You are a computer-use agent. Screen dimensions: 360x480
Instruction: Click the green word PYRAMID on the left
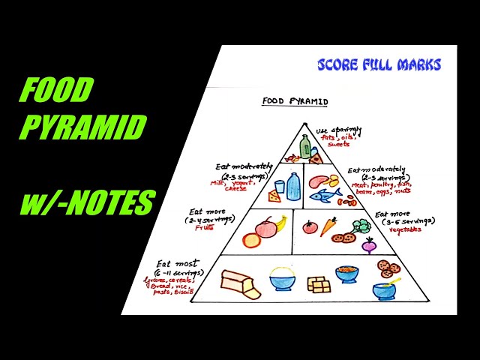click(82, 127)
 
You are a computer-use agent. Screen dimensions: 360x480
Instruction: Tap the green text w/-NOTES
click(87, 203)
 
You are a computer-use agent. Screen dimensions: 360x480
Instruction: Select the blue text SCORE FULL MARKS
click(379, 65)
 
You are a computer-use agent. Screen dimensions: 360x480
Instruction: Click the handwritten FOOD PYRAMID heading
click(294, 100)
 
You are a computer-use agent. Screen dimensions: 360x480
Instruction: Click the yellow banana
click(281, 222)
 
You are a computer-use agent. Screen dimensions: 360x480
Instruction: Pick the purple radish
click(368, 245)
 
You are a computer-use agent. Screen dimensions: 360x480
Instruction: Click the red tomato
click(310, 226)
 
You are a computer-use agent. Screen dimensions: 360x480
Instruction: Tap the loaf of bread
click(239, 283)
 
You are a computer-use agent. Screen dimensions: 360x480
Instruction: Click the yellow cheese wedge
click(274, 196)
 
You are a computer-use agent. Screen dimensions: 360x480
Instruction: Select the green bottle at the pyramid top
click(305, 146)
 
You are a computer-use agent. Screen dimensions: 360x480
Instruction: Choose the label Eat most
click(177, 263)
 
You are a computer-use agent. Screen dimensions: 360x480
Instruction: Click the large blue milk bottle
click(293, 186)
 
